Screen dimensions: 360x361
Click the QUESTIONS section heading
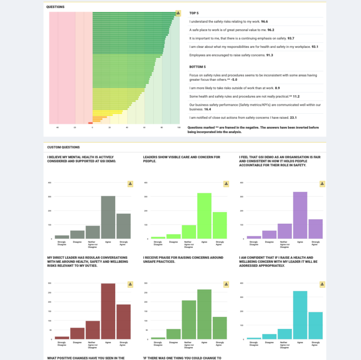coord(55,7)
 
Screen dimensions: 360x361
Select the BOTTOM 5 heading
coord(197,67)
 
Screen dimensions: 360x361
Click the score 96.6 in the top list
coord(264,22)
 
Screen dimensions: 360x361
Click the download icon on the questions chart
coord(178,13)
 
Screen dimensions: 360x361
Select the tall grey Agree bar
coord(108,217)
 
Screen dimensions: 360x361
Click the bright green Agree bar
coord(204,216)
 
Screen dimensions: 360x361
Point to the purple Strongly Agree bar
coord(315,229)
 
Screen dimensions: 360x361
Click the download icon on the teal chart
coord(322,284)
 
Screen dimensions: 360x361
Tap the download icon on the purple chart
coord(322,184)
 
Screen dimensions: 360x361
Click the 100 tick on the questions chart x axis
coord(179,127)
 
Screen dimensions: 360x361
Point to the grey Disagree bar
coord(78,235)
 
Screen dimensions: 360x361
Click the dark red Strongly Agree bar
coord(124,322)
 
